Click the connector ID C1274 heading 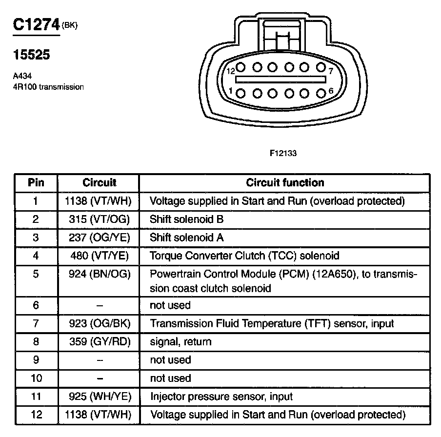coord(36,25)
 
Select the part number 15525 coord(31,55)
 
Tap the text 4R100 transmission coord(48,87)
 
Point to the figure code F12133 coord(283,153)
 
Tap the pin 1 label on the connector coord(231,90)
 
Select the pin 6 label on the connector coord(331,91)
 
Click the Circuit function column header coord(285,183)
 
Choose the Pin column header coord(36,183)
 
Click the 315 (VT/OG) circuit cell coord(100,219)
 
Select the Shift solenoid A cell coord(187,238)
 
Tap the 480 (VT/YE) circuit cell coord(100,256)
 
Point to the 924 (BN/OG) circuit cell coord(100,274)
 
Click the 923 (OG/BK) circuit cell coord(100,323)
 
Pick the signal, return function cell coord(180,341)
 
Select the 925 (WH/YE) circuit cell coord(100,397)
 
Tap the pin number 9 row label coord(36,360)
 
